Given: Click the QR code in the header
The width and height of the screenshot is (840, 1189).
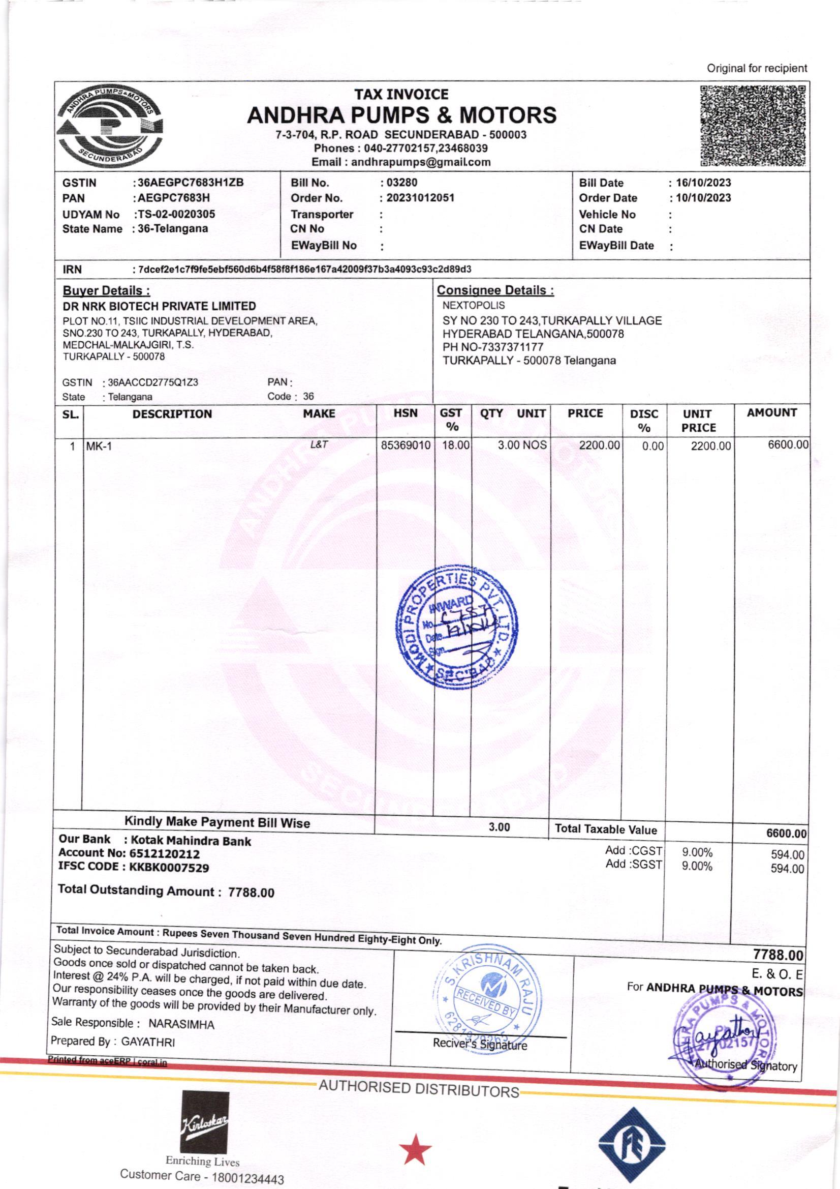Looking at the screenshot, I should click(x=753, y=125).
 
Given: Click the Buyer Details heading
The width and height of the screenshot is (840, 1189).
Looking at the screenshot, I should click(x=107, y=290).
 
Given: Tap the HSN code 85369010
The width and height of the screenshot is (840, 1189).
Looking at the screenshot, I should click(x=405, y=445).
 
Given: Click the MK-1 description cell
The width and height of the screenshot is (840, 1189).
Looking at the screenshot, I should click(x=99, y=446).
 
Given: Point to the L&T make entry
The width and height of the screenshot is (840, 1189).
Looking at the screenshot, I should click(x=319, y=444).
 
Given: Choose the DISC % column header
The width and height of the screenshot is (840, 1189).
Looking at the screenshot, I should click(x=644, y=421).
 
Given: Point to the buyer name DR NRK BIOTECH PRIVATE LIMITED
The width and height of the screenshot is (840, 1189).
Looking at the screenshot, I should click(x=160, y=306).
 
